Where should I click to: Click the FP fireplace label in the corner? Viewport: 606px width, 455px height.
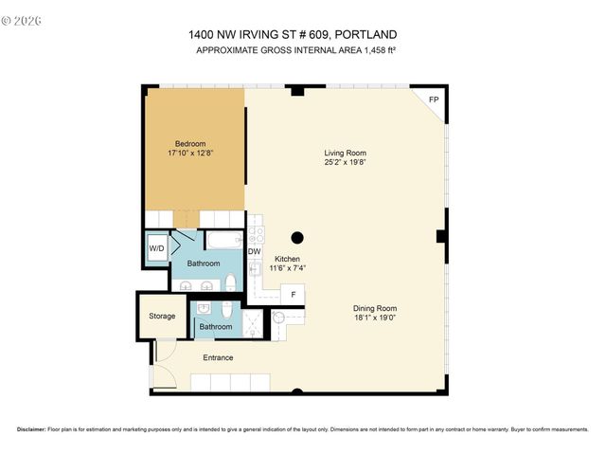click(x=434, y=100)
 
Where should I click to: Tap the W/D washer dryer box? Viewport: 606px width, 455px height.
click(x=156, y=249)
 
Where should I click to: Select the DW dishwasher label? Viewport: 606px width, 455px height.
click(x=254, y=251)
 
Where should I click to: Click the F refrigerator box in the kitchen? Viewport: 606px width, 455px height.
click(x=294, y=295)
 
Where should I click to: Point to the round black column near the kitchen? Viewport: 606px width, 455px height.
click(x=296, y=237)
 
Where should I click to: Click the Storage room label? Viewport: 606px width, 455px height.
click(x=162, y=316)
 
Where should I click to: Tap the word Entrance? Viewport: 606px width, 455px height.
click(x=218, y=357)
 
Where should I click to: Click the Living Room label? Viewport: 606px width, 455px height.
click(x=345, y=153)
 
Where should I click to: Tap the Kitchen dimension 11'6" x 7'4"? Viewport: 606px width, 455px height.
click(x=288, y=268)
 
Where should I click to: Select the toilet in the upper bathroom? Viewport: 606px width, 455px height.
click(x=230, y=282)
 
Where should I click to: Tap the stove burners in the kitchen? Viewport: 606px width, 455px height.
click(x=255, y=234)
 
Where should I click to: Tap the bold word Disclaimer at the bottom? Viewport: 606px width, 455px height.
click(x=31, y=428)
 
